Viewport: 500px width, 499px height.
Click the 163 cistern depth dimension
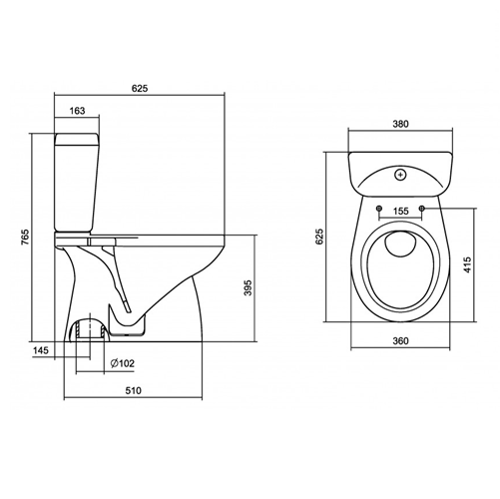[78, 111]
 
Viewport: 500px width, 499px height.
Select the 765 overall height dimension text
[26, 238]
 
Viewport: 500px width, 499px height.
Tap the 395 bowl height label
[249, 288]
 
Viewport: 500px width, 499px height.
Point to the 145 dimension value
[41, 350]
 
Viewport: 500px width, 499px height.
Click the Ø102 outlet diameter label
[123, 363]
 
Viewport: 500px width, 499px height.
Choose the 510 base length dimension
[134, 390]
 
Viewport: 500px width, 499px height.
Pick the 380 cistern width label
[400, 124]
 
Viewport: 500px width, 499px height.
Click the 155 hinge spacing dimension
[400, 211]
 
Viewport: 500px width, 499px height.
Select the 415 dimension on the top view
[467, 264]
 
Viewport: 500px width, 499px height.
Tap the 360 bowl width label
[400, 341]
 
